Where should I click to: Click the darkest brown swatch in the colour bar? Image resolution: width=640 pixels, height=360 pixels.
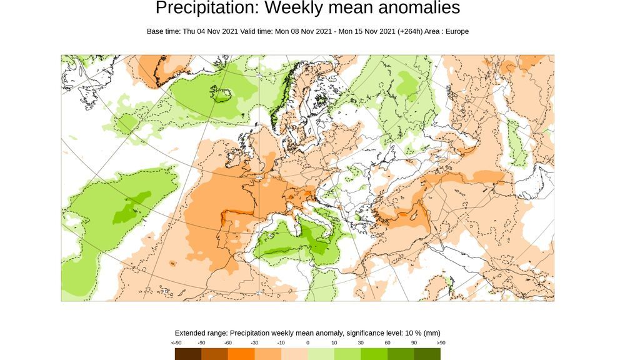[x=188, y=354]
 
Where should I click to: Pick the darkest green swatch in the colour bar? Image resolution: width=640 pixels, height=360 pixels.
[x=427, y=354]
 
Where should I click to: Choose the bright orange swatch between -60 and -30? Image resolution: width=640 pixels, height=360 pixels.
[x=241, y=354]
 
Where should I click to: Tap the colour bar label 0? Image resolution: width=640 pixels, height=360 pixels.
[x=307, y=342]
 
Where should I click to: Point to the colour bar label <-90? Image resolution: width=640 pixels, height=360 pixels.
[x=176, y=342]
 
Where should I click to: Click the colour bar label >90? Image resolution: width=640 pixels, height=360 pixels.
[x=440, y=342]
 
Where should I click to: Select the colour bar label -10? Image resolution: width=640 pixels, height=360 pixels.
[x=281, y=342]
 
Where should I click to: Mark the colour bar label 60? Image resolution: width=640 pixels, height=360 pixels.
[x=387, y=342]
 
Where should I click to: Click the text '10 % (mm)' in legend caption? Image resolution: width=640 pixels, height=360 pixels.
[x=423, y=333]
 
